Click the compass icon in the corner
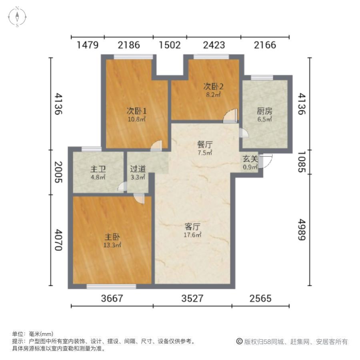tap(17, 17)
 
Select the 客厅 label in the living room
tap(192, 228)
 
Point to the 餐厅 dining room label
tap(204, 144)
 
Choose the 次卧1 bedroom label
tap(136, 111)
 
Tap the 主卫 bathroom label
tap(97, 169)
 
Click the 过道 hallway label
tap(138, 169)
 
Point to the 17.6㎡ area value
tap(192, 236)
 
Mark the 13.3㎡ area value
tap(112, 245)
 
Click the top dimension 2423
tap(214, 45)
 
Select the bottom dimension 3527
tap(192, 298)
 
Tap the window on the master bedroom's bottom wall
tap(111, 286)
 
